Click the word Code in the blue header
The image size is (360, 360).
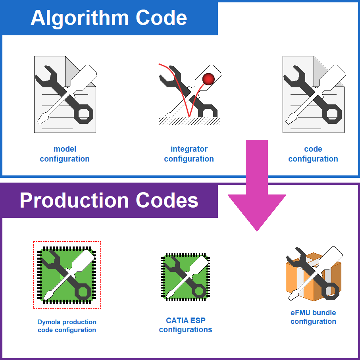tap(162, 18)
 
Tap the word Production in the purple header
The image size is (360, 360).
tap(74, 200)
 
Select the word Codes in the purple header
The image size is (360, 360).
tap(167, 200)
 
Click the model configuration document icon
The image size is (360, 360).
tap(65, 94)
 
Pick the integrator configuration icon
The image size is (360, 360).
tap(190, 94)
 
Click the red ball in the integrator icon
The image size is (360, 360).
tap(208, 79)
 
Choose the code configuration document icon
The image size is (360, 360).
tap(314, 94)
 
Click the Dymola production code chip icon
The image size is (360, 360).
tap(67, 275)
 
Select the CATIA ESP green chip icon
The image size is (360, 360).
tap(185, 277)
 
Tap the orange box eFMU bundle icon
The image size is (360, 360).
tap(314, 274)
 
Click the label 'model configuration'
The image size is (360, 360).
tap(65, 154)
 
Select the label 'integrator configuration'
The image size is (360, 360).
tap(189, 154)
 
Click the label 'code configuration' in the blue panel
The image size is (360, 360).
tap(313, 154)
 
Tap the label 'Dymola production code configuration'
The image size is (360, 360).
tap(67, 326)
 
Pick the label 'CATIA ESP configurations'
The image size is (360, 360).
tap(185, 325)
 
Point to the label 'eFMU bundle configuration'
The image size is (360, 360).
tap(314, 317)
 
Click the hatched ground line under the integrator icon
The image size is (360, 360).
tap(189, 121)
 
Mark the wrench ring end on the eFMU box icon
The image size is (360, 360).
tap(331, 291)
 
